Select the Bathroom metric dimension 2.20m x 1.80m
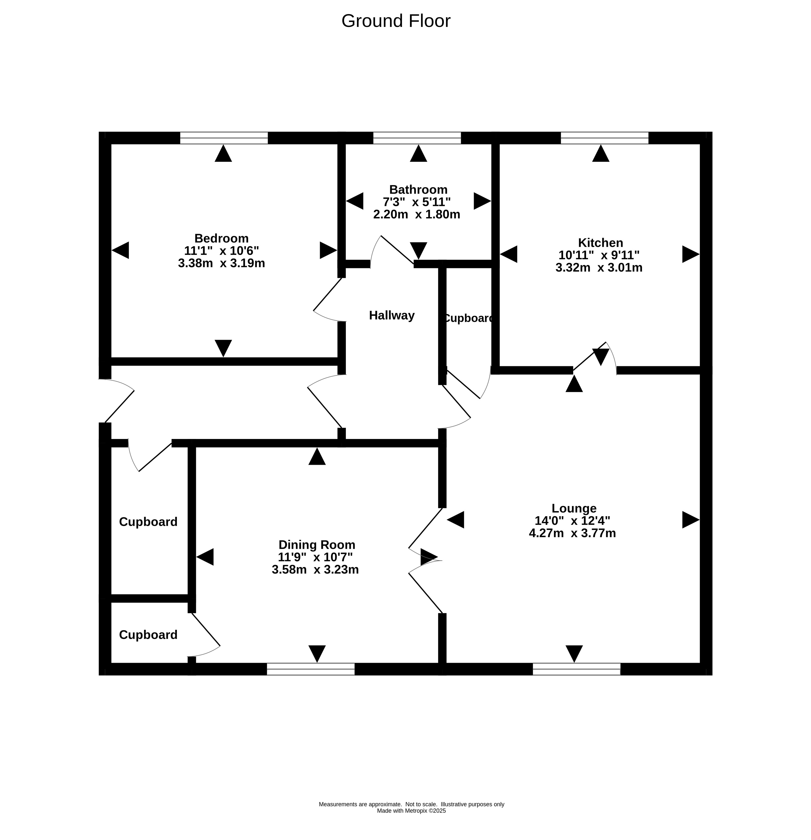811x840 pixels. coord(416,214)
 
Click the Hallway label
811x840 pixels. coord(392,315)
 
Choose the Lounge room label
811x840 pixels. coord(574,508)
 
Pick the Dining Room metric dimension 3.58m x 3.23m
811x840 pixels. coord(315,570)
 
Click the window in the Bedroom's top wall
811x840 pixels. coord(224,138)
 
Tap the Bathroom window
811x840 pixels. coord(417,138)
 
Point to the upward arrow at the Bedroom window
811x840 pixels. coord(223,154)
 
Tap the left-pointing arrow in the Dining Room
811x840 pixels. coord(205,557)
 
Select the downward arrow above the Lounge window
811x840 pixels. coord(574,654)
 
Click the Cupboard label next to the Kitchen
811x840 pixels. coord(469,318)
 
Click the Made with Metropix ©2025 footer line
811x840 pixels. coord(411,811)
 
